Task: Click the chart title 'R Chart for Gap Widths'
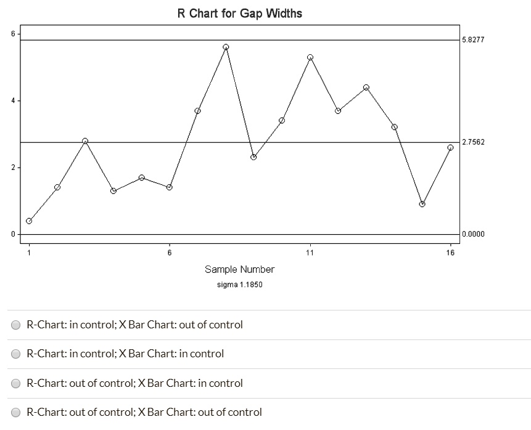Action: coord(240,13)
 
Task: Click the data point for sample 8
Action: coord(226,47)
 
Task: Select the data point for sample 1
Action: coord(29,221)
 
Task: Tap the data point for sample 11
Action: coord(310,57)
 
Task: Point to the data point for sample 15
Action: coord(422,204)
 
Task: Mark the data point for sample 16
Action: coord(450,147)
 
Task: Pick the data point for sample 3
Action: coord(85,141)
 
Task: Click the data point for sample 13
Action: coord(366,87)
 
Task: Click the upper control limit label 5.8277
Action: coord(473,40)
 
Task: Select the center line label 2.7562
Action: coord(473,142)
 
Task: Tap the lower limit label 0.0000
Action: coord(473,234)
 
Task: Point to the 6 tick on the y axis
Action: coord(12,33)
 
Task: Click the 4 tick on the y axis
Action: coord(12,100)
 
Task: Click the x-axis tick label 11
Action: coord(310,253)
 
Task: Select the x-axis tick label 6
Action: coord(170,253)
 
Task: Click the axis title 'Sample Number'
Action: coord(239,269)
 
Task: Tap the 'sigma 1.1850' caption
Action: coord(239,285)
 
